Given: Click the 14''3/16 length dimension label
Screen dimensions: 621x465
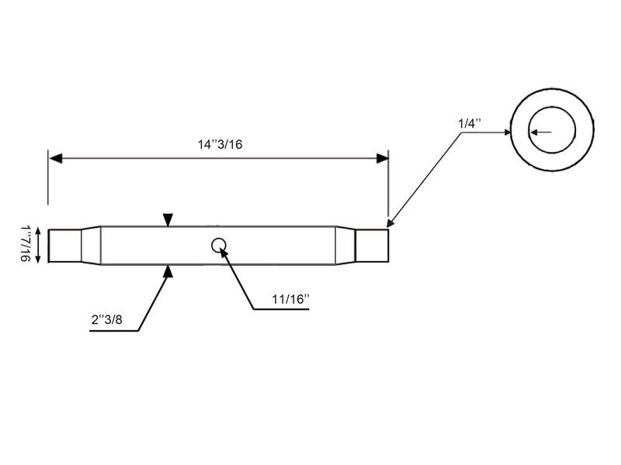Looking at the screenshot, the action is [x=220, y=144].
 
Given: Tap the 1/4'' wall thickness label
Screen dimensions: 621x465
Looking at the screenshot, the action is [x=470, y=123].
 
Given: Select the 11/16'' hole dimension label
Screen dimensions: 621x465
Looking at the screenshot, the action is [x=290, y=299].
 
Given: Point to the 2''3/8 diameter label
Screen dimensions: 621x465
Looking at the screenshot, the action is [x=107, y=319].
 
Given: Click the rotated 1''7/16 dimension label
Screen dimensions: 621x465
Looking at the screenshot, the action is [x=26, y=244].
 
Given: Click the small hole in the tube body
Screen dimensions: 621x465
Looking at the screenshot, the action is [x=219, y=246].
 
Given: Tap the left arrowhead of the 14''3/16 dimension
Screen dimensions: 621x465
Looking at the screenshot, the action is [x=56, y=159].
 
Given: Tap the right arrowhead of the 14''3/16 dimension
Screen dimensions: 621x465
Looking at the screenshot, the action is [x=382, y=159].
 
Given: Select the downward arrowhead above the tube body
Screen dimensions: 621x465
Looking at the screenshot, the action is [x=168, y=220].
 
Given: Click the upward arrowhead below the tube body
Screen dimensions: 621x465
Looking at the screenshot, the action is [x=168, y=271].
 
